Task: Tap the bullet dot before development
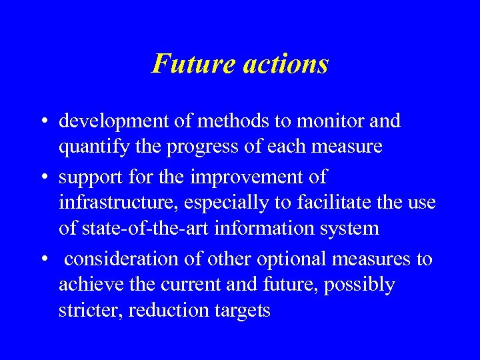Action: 43,122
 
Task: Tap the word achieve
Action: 85,285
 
